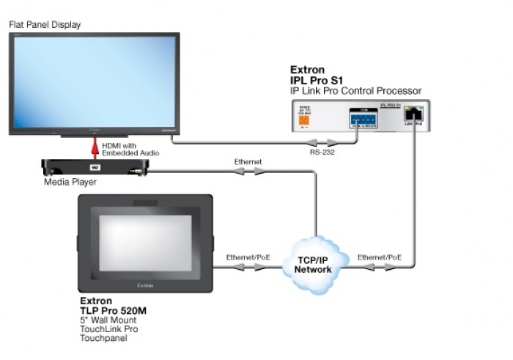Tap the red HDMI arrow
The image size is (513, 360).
click(93, 149)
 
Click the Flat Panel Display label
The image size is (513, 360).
click(45, 25)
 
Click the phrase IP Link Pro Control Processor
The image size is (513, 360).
click(356, 90)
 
